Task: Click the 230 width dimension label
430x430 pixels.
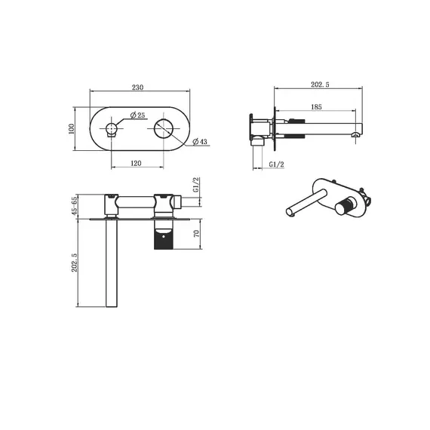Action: pos(137,87)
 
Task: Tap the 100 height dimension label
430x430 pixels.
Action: pos(72,130)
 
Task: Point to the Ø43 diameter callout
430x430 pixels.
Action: pos(200,143)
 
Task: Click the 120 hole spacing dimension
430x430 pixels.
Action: pos(137,161)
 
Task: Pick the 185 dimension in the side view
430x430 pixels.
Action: pos(316,108)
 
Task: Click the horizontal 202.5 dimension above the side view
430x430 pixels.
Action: pos(321,86)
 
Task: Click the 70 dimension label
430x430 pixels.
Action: pos(197,234)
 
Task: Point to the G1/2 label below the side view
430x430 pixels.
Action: pos(276,164)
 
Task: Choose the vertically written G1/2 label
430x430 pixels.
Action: pos(195,186)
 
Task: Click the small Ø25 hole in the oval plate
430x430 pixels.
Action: pos(112,129)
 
